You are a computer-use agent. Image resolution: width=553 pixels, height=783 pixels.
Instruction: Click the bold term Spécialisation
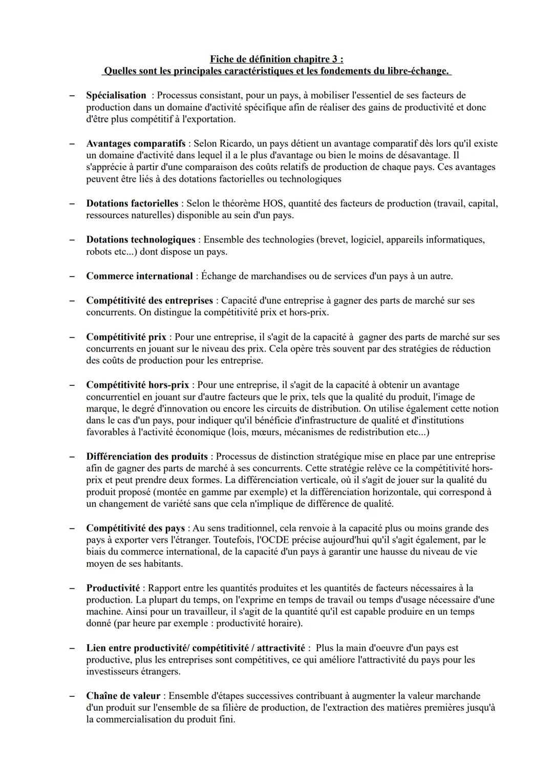coord(116,95)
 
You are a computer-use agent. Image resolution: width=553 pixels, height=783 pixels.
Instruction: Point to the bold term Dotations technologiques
coord(140,240)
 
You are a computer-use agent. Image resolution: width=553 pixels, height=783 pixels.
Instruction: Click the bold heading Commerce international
coord(139,276)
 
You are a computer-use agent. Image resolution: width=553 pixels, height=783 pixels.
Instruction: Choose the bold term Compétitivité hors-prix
coord(137,385)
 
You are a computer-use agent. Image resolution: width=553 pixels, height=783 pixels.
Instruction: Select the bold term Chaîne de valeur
coord(123,696)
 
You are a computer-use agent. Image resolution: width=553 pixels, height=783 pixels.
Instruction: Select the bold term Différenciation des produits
coord(147,457)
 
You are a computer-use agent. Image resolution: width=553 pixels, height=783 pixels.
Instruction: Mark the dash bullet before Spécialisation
coord(73,95)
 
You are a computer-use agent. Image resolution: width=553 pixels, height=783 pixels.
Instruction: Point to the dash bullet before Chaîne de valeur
coord(73,696)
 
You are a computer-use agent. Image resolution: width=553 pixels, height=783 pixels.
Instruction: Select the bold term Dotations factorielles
coord(132,203)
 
